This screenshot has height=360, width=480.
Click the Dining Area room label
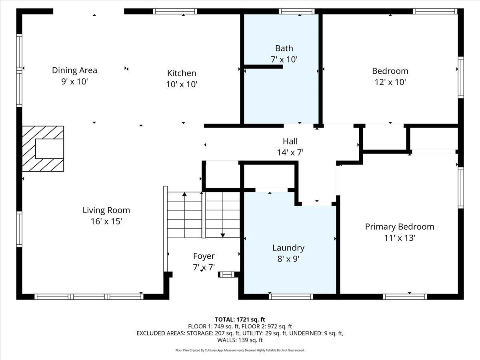pos(74,70)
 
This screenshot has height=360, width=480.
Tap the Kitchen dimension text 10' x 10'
pos(182,84)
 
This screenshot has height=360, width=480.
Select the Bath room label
pos(284,48)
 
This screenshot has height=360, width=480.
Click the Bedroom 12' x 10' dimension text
pos(390,82)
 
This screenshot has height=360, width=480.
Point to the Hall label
pos(290,141)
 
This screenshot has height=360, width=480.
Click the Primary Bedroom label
pos(399,227)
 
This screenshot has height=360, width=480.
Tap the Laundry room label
pos(288,248)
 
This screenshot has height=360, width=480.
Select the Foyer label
pos(204,256)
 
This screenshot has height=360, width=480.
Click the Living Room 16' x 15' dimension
pos(106,221)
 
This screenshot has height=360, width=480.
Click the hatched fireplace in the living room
pos(43,149)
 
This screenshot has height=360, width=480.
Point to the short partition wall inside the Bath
pos(263,67)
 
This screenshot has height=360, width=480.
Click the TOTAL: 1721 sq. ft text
pos(240,319)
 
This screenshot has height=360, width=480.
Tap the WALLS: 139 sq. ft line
pos(240,340)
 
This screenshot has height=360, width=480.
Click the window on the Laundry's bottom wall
pos(291,297)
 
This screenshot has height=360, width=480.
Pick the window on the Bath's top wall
pos(296,11)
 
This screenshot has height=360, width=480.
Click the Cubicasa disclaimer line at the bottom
pos(240,350)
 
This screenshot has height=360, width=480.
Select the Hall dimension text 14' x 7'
pos(290,152)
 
